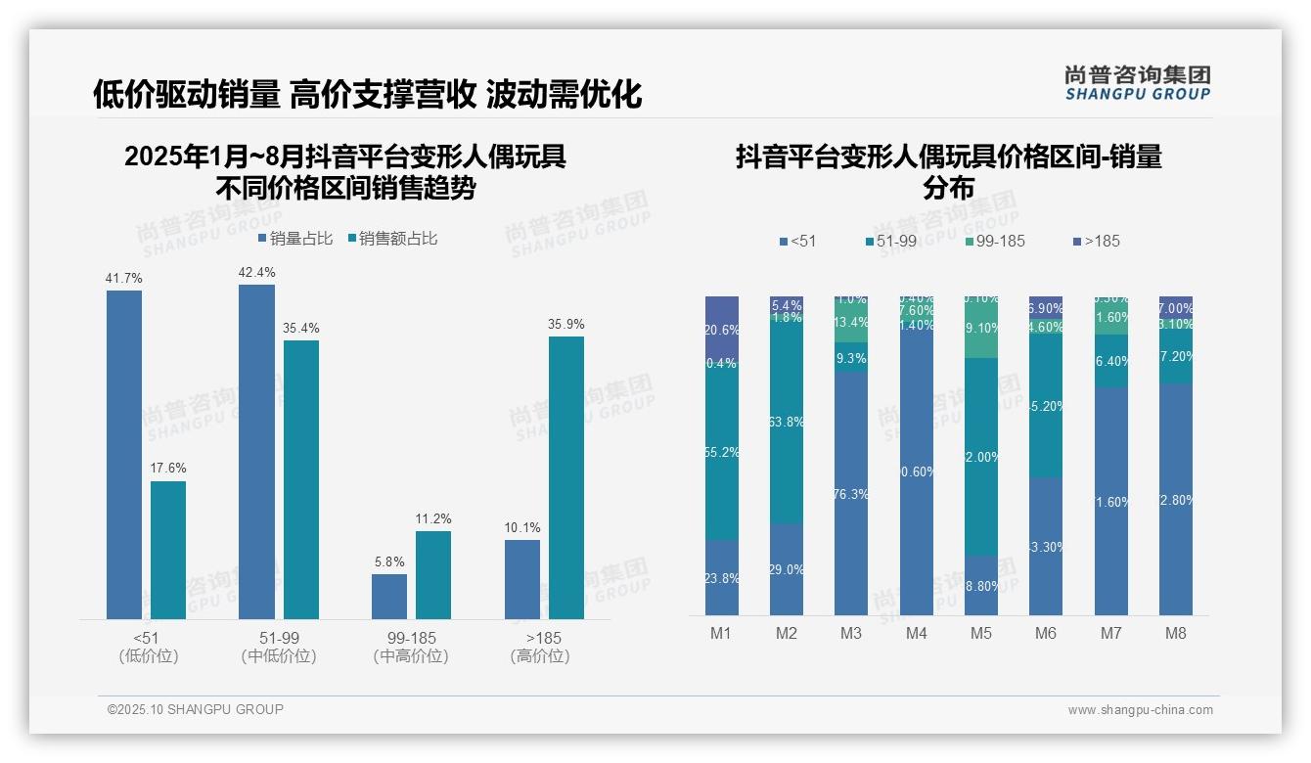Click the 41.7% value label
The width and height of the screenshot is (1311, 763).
(x=124, y=279)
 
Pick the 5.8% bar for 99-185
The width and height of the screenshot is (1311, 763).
(x=389, y=597)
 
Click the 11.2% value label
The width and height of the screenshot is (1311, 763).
(x=433, y=519)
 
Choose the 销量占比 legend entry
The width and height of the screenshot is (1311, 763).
(x=295, y=239)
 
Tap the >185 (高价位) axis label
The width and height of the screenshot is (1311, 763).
(x=540, y=647)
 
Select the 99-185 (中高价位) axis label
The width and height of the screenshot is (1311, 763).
(x=411, y=647)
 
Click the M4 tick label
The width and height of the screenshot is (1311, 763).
(x=916, y=634)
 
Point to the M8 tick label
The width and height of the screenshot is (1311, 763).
(x=1176, y=634)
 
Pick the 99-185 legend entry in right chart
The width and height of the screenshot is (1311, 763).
(x=995, y=241)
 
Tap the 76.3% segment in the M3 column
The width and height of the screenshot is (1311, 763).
(x=851, y=493)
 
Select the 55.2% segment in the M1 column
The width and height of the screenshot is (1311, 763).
(x=722, y=453)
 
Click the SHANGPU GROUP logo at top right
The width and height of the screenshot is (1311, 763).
(x=1137, y=83)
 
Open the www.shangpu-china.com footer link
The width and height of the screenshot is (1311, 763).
(x=1140, y=710)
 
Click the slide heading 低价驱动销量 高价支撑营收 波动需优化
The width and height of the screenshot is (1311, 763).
(x=368, y=94)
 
